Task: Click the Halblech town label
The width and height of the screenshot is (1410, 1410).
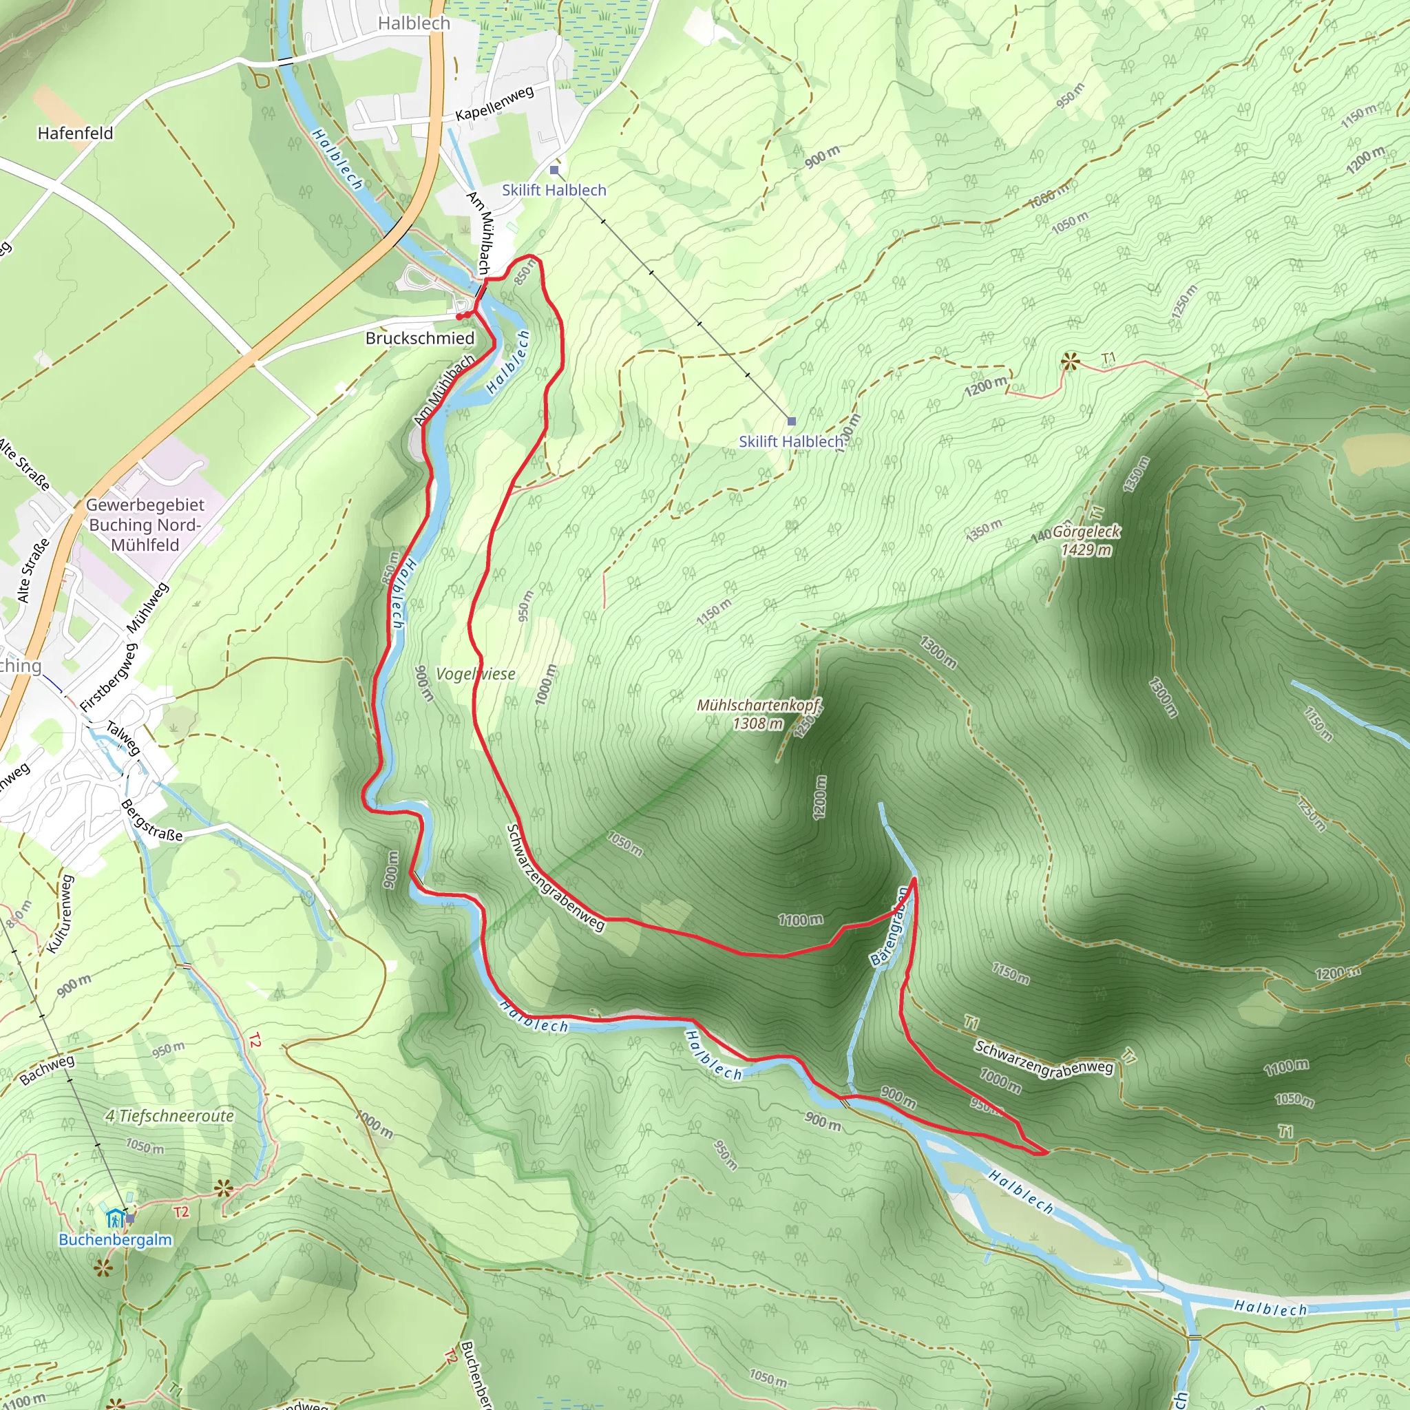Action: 414,23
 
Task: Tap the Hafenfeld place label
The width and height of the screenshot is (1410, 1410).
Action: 75,133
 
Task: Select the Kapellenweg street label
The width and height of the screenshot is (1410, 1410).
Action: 494,104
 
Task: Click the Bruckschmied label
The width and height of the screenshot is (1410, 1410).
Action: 420,338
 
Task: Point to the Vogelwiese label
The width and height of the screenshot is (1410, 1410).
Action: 475,673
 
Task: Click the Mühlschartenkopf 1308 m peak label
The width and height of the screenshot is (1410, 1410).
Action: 758,714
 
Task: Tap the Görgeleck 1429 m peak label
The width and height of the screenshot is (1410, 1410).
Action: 1086,540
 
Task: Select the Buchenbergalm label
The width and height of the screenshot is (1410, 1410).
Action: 115,1239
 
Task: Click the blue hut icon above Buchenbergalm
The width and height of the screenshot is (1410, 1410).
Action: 114,1217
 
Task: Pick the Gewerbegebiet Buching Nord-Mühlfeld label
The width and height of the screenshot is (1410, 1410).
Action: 145,525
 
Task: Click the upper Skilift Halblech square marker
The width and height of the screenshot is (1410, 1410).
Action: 555,170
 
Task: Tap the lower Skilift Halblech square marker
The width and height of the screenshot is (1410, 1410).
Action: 792,421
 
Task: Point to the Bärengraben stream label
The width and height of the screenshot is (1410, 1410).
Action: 889,927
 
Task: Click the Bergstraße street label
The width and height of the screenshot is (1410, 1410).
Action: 151,820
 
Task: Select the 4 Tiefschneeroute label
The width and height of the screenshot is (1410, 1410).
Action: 169,1116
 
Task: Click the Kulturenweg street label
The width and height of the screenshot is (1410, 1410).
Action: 61,914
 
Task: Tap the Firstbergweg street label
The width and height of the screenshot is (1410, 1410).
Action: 108,677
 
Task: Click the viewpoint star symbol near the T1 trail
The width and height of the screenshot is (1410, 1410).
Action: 1070,361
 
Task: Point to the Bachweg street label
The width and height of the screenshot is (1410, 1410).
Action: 48,1070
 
